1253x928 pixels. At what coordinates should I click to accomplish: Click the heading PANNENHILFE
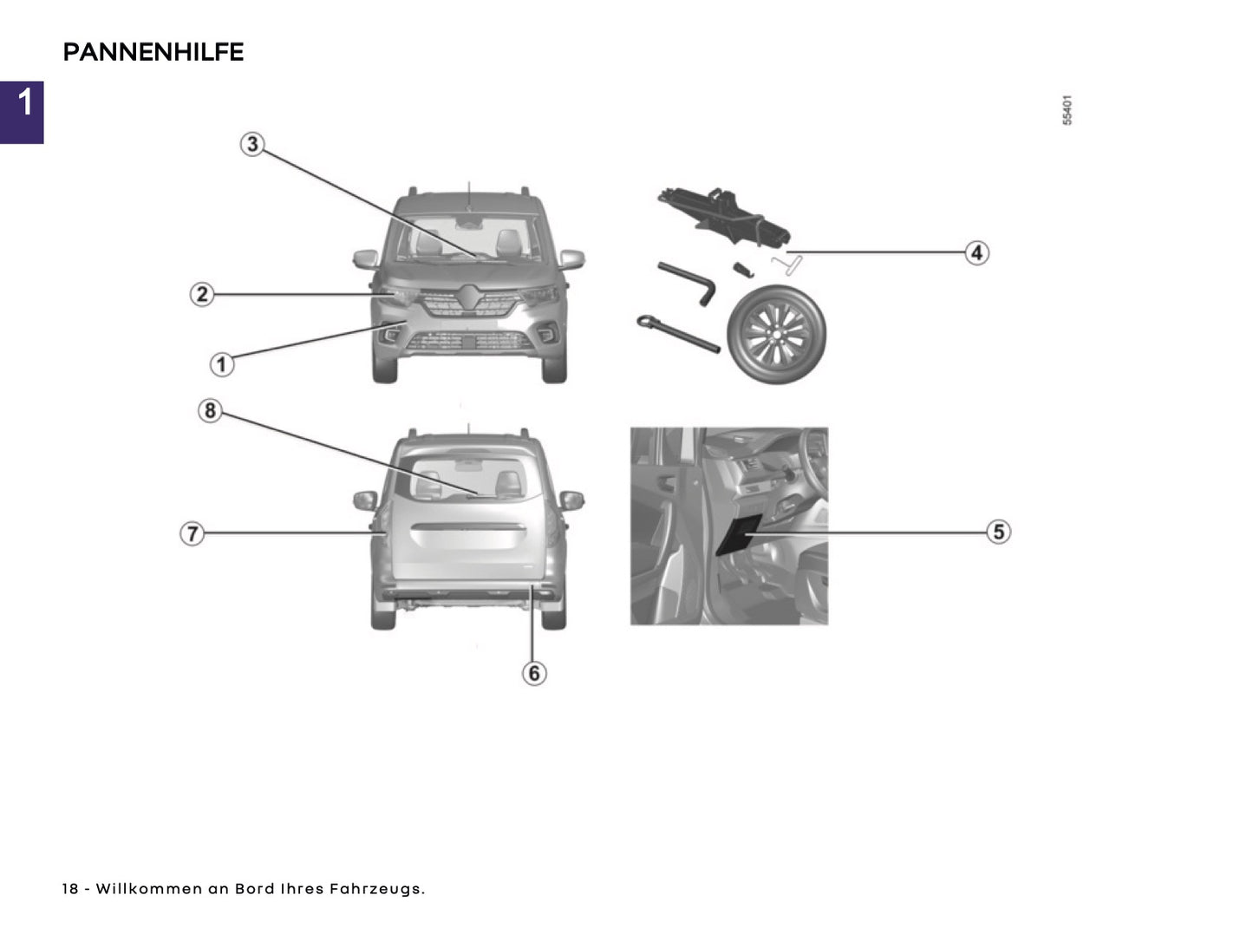[153, 52]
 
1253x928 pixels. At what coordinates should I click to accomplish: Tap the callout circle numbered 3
[252, 144]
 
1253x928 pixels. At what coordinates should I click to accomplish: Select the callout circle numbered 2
[202, 294]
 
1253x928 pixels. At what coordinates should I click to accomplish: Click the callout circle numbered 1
[222, 364]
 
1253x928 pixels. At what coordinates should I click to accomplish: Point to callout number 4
[977, 252]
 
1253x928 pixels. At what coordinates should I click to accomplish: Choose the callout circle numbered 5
[999, 532]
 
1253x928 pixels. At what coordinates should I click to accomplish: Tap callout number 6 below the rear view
[534, 673]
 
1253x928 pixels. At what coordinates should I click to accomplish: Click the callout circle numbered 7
[192, 533]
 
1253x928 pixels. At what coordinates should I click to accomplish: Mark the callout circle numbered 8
[210, 410]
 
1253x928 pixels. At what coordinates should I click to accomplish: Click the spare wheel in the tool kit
[777, 334]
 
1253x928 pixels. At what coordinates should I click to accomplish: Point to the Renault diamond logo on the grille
[469, 297]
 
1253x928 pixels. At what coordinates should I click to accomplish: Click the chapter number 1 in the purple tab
[24, 102]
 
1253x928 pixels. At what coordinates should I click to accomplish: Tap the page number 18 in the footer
[70, 889]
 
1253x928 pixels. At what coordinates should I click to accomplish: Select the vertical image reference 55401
[1067, 110]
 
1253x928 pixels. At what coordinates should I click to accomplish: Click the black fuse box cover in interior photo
[739, 533]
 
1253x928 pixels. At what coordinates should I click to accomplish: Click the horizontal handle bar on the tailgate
[468, 527]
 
